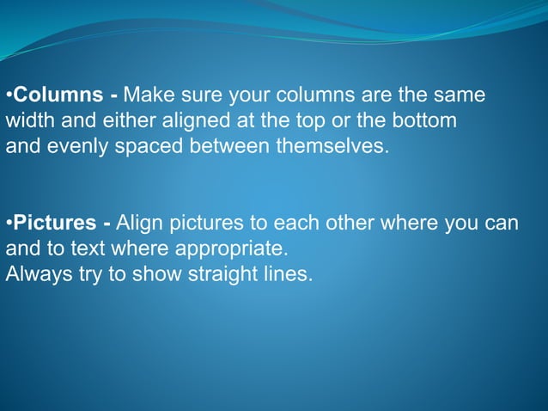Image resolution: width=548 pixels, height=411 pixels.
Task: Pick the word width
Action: (x=27, y=120)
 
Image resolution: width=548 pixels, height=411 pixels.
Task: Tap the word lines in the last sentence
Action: (x=283, y=277)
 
